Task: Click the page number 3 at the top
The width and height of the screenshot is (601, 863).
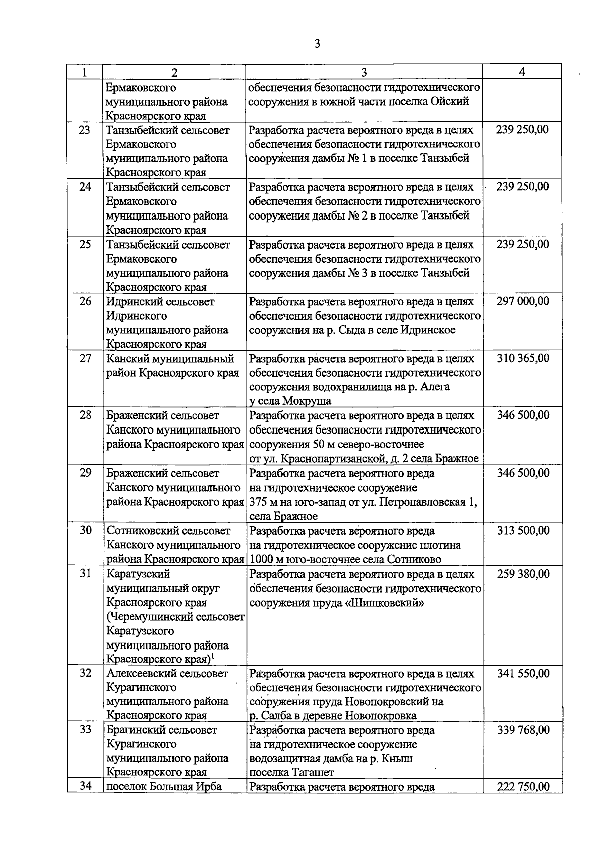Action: point(317,43)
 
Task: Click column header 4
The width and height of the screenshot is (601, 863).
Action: point(522,72)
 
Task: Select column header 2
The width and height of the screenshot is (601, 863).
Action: point(174,72)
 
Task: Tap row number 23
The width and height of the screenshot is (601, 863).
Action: point(85,130)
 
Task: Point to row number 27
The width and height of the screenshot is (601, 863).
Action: point(85,358)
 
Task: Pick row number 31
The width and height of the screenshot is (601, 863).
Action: point(85,574)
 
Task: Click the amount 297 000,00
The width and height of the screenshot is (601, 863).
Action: point(523,301)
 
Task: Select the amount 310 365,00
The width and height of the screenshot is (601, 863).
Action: point(523,358)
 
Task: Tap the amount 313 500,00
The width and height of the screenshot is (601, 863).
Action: point(523,531)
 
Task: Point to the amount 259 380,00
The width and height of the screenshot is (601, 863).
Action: point(523,574)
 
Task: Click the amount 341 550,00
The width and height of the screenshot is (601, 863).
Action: point(523,673)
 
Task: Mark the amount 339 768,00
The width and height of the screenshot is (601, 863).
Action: point(523,730)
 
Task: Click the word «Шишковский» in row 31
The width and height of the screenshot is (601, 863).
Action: point(385,603)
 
